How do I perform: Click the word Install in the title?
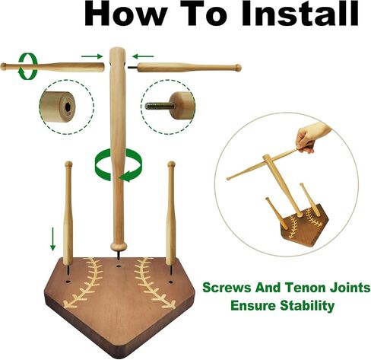click(300, 13)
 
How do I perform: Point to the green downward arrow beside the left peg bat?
click(52, 239)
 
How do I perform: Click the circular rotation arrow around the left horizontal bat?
click(27, 66)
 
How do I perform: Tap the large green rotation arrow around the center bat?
click(119, 165)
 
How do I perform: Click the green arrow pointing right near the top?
click(92, 56)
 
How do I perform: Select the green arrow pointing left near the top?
click(143, 56)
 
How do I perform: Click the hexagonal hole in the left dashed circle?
click(68, 107)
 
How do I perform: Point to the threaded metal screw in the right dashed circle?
click(160, 106)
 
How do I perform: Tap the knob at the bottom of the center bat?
click(119, 246)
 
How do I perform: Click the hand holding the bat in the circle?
click(312, 137)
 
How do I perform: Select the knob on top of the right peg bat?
click(171, 164)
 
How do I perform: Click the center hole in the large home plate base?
click(118, 266)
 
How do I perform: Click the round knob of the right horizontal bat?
click(238, 68)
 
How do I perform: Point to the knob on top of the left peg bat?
click(68, 164)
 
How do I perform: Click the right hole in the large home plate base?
click(170, 282)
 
